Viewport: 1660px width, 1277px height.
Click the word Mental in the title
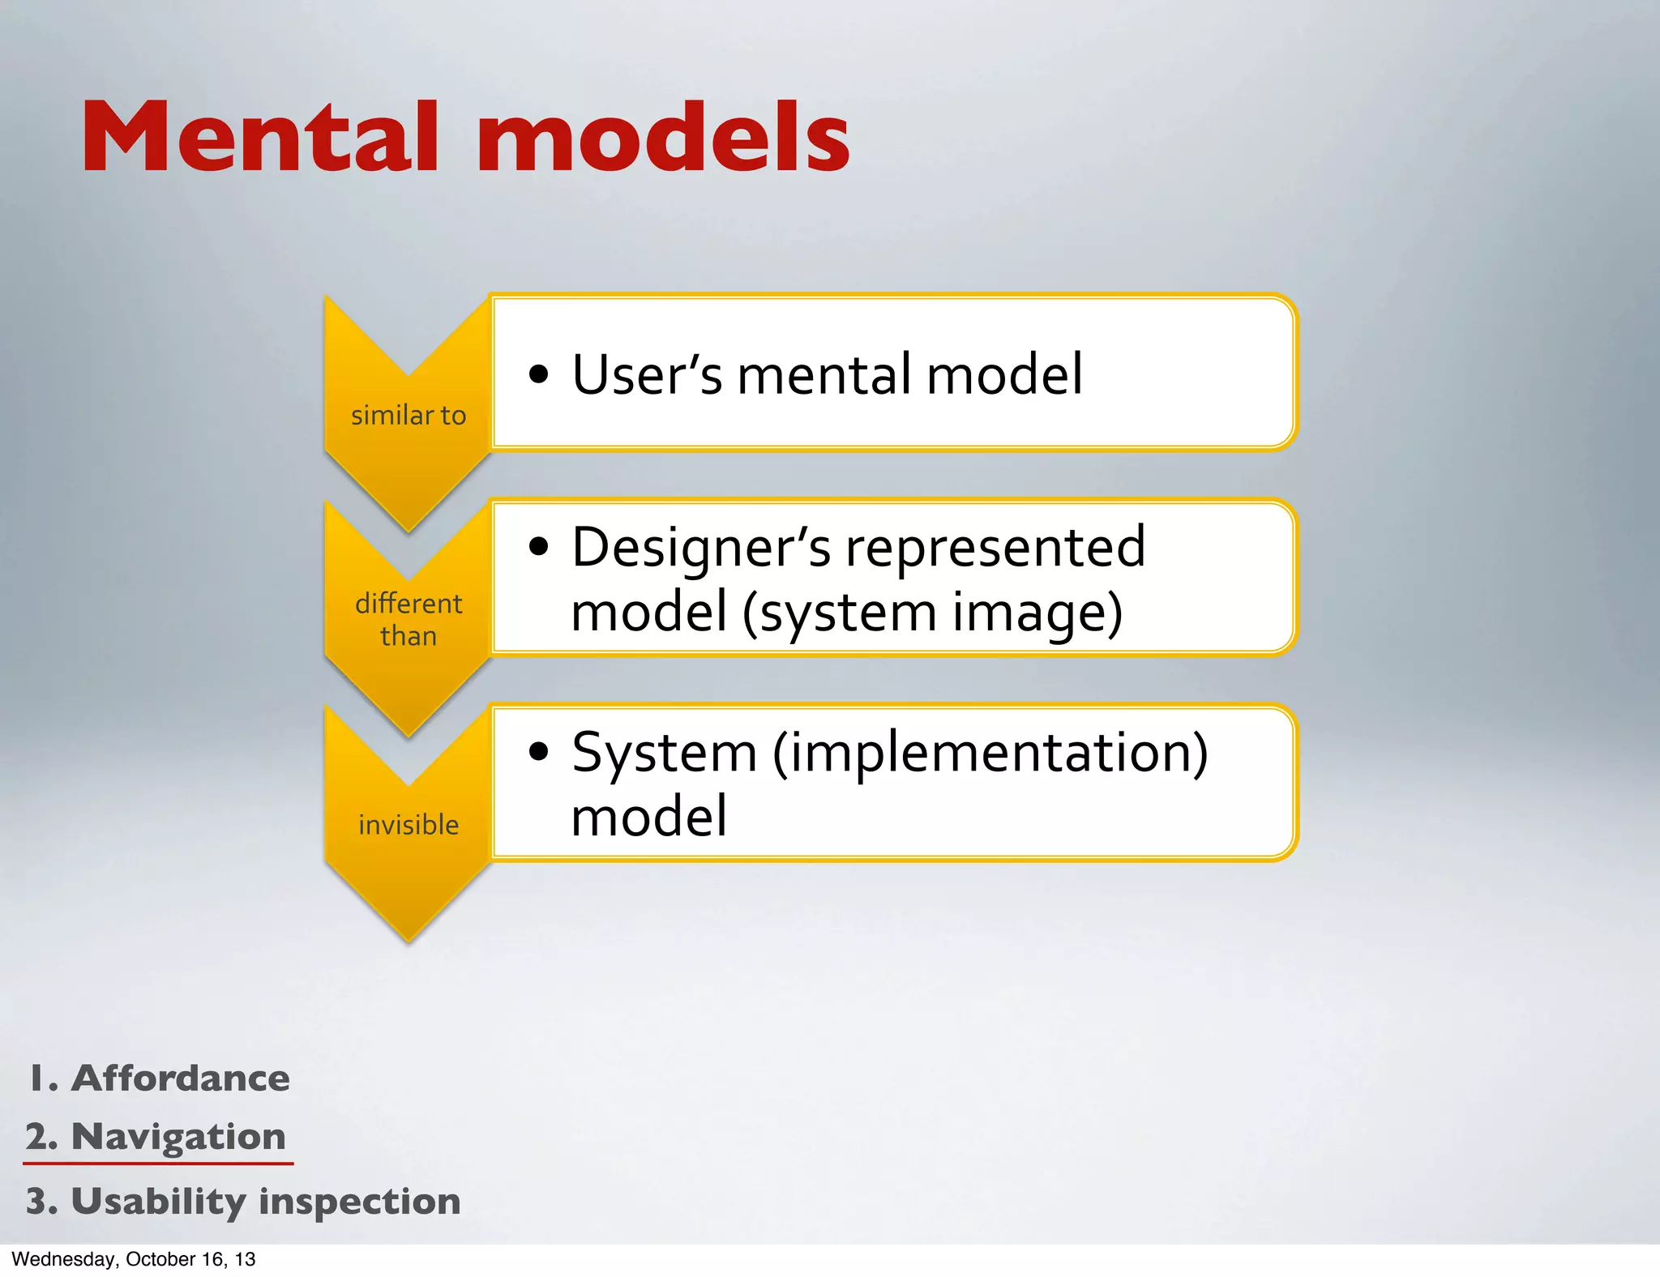coord(259,138)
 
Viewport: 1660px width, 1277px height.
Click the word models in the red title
coord(663,138)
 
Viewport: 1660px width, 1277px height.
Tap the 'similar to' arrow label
coord(409,416)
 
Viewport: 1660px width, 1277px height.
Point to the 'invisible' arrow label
coord(409,825)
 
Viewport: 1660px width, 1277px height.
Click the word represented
coord(995,547)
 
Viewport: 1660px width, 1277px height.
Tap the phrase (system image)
coord(932,612)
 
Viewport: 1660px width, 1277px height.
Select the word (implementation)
coord(990,752)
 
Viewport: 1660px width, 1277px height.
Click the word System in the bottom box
coord(665,754)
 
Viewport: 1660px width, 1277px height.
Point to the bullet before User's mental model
coord(538,375)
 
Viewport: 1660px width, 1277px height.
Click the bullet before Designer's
coord(538,547)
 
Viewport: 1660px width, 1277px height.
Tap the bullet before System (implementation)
coord(538,752)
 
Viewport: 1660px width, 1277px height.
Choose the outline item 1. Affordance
coord(160,1078)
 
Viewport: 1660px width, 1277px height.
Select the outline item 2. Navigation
coord(156,1137)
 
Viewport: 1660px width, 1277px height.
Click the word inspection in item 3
coord(359,1201)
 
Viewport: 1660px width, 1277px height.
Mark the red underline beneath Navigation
coord(158,1164)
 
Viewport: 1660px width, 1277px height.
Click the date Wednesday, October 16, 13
coord(134,1259)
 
